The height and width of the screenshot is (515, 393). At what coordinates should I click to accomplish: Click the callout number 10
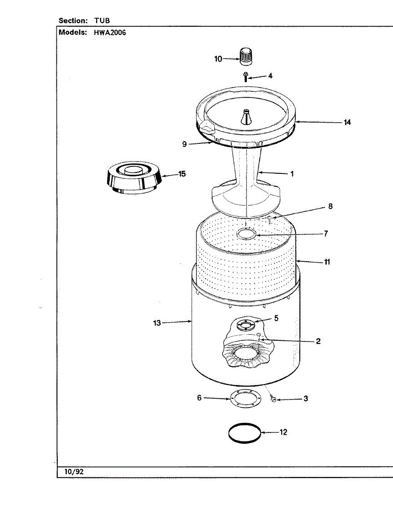(x=218, y=59)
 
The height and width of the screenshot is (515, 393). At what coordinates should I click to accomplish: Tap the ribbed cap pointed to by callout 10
(x=245, y=56)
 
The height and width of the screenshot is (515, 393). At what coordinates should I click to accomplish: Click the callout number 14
(x=347, y=122)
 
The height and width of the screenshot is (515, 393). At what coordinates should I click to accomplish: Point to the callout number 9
(x=184, y=144)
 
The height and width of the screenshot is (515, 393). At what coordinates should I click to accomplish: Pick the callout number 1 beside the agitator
(x=292, y=174)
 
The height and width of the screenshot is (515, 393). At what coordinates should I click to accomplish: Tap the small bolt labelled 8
(x=269, y=219)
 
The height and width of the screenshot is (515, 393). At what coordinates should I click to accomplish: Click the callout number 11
(x=327, y=261)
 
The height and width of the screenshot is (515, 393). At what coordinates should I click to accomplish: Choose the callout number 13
(x=157, y=323)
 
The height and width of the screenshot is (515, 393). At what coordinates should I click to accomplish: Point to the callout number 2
(x=318, y=341)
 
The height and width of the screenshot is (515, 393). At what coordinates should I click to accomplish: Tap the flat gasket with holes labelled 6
(x=246, y=398)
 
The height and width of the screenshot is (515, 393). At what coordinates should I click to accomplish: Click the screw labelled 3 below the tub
(x=273, y=400)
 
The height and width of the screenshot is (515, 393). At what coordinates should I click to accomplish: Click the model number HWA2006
(x=109, y=32)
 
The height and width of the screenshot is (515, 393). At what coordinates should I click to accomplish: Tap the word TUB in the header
(x=102, y=20)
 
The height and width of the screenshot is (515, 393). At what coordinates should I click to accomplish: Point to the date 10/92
(x=74, y=472)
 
